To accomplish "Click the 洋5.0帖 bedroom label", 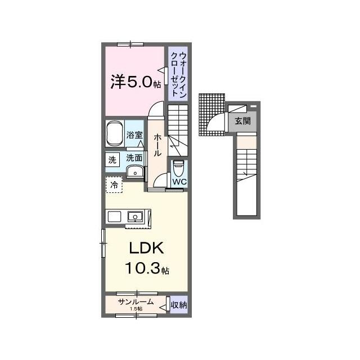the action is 136,82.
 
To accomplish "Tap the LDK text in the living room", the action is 146,247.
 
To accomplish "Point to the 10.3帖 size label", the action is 147,268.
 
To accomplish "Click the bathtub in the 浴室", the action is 115,133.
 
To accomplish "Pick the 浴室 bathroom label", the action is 134,135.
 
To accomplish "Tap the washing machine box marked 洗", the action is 112,160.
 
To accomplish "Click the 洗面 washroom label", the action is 134,158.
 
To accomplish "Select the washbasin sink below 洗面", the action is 135,172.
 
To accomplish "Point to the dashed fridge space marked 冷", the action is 114,184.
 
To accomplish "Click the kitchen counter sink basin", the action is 135,217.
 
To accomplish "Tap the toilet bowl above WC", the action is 179,168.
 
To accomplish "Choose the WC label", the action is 179,182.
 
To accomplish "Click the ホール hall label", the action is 157,145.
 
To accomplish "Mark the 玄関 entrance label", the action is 242,121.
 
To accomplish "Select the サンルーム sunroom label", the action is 136,301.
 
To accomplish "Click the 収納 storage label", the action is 179,305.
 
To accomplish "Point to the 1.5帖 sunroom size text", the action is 136,309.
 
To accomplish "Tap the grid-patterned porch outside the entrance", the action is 211,115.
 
